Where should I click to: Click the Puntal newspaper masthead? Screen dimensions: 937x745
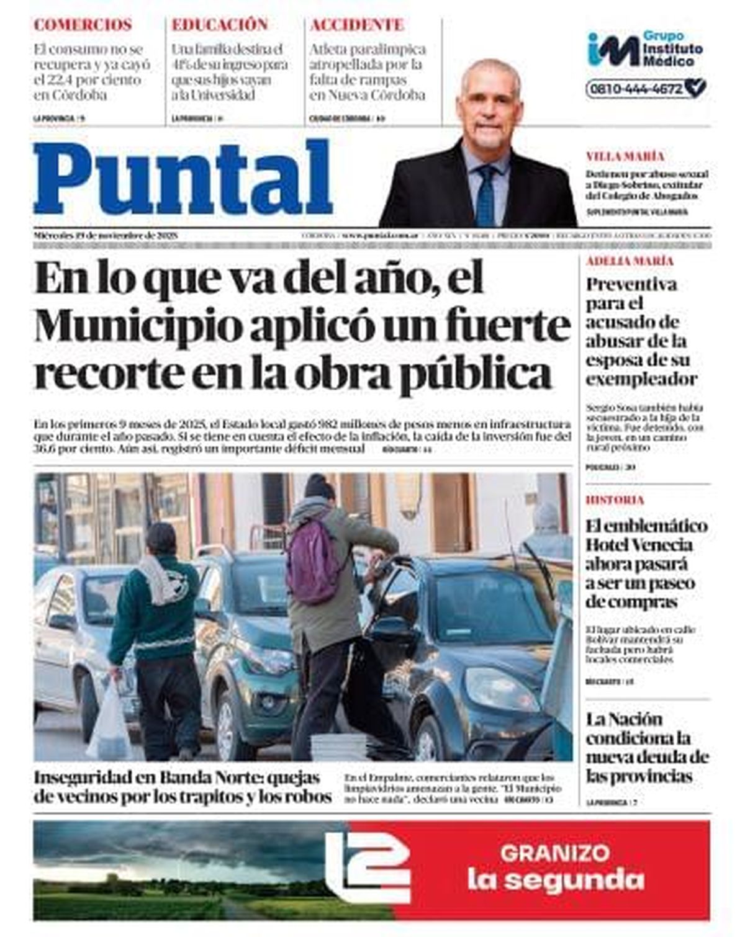pos(183,178)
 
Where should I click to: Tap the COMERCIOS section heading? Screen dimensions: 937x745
pos(83,25)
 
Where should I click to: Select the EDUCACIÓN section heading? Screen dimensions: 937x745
pos(220,25)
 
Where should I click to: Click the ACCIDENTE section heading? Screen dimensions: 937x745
pos(357,25)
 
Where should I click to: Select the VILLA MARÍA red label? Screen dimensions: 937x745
pos(625,156)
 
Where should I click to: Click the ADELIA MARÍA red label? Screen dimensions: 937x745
pos(630,261)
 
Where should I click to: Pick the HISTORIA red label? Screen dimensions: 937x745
pos(615,500)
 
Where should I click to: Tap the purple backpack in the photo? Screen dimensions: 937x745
pos(314,562)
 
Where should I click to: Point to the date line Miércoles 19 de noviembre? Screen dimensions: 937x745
pos(106,236)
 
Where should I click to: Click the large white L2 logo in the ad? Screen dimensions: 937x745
pos(368,868)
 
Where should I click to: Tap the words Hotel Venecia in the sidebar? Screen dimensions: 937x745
pos(639,545)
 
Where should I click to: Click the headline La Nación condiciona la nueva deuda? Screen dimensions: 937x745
pos(646,748)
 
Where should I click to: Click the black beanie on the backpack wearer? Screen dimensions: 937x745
pos(319,487)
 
